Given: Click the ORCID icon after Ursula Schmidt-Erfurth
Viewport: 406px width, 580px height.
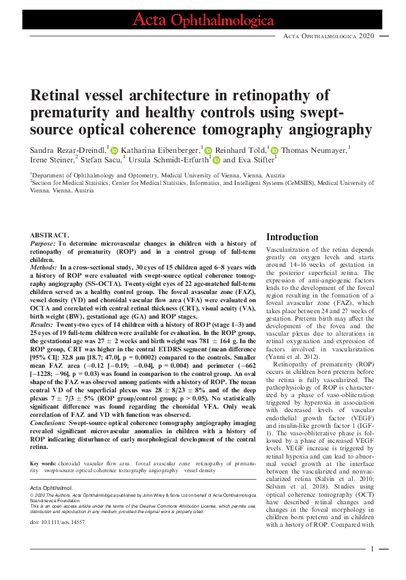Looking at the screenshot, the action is click(216, 160).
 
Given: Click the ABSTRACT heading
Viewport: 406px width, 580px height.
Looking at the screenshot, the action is click(50, 235).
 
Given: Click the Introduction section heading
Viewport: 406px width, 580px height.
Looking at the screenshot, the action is click(291, 237).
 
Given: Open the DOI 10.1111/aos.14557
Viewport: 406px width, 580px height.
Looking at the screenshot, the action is click(57, 522).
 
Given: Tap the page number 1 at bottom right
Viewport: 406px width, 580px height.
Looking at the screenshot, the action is click(373, 549).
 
